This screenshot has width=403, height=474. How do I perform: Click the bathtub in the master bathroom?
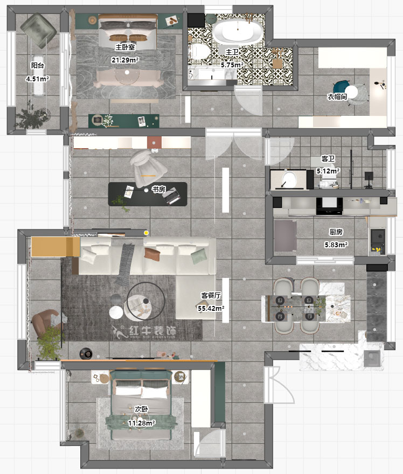point(237,32)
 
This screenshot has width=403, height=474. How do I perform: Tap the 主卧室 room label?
point(125,47)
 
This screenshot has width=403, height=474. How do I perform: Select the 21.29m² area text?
point(125,60)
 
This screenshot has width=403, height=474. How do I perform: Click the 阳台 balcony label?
point(38,65)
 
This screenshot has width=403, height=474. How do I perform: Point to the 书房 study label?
point(158,190)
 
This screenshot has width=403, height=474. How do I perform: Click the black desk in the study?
point(148,194)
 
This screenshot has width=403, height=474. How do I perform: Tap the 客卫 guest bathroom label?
point(328,159)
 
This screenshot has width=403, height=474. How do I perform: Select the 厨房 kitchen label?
point(336,232)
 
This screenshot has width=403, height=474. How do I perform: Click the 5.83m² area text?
point(336,245)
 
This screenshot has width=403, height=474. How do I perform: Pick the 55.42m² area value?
point(211,308)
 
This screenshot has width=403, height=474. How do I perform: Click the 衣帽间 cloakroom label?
point(337,97)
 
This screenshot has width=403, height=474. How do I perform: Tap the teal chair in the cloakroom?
point(342,87)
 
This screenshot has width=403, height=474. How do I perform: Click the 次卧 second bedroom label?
point(142,409)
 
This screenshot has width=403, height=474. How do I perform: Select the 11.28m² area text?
point(142,423)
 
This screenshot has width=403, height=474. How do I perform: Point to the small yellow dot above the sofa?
point(147,233)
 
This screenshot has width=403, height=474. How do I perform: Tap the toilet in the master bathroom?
point(200,51)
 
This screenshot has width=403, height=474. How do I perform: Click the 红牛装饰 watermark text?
point(152,331)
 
